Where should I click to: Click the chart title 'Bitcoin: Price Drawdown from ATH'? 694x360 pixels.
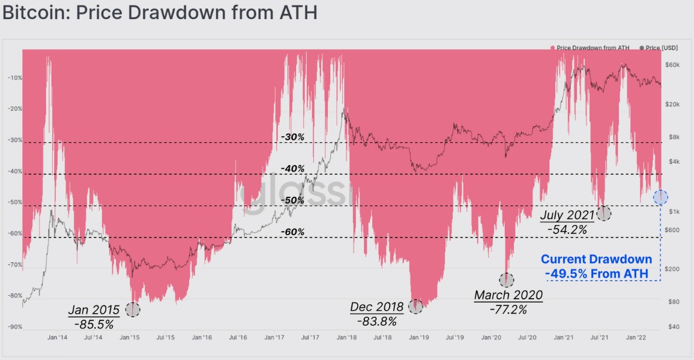pos(160,13)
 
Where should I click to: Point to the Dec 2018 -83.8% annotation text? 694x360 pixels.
pos(376,314)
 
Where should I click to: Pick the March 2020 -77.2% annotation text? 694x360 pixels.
pos(508,302)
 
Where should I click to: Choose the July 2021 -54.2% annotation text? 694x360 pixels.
pos(567,221)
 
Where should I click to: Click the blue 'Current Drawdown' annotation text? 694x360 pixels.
pos(596,266)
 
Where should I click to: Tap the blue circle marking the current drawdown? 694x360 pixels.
pos(660,196)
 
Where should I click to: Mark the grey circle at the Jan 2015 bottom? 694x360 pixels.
pos(133,310)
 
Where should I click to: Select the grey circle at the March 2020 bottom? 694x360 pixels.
pos(507,280)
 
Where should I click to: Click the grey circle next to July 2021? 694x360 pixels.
pos(603,213)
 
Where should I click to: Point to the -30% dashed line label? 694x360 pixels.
pos(293,137)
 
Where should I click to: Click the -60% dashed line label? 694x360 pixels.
pos(293,232)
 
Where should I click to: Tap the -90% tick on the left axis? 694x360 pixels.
pos(14,327)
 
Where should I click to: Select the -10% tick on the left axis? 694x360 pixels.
pos(14,78)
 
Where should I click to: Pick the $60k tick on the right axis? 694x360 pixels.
pos(672,65)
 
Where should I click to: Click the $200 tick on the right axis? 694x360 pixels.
pos(672,269)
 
